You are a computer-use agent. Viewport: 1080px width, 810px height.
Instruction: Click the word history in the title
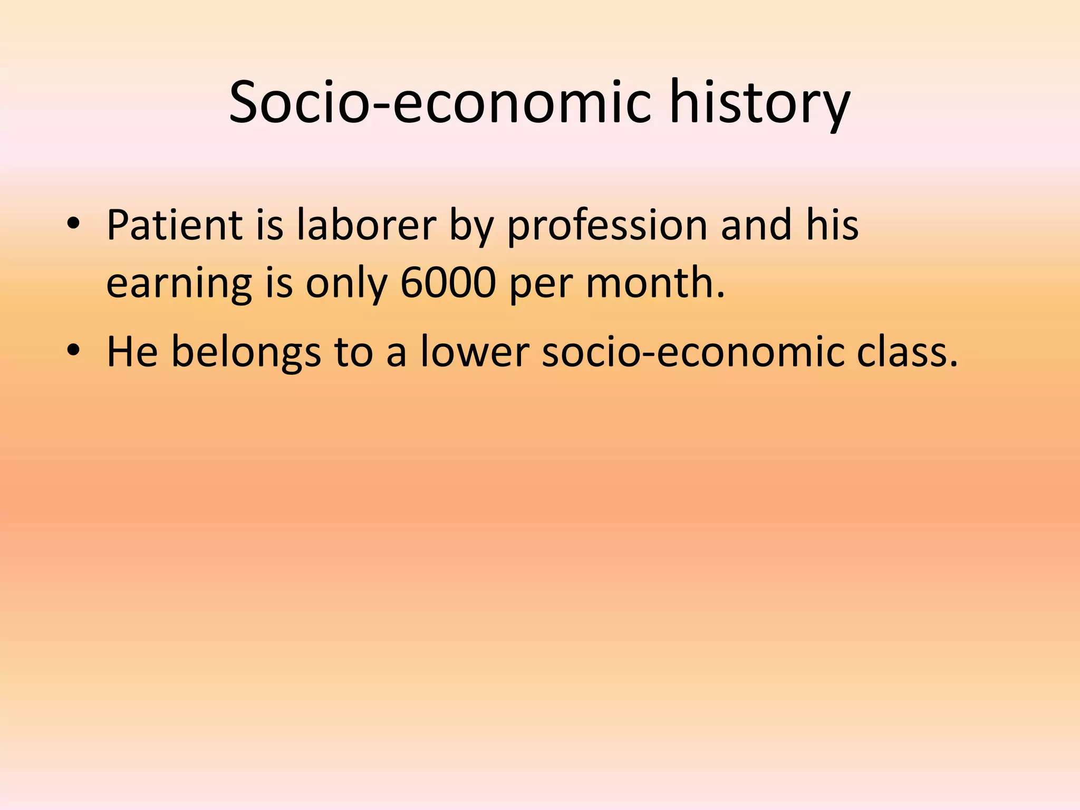click(759, 103)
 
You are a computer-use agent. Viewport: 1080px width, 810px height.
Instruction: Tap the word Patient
click(174, 225)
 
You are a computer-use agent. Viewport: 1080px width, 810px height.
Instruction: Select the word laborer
click(366, 225)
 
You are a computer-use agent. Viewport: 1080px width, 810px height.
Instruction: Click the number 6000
click(448, 283)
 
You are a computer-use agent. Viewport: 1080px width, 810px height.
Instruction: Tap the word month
click(655, 283)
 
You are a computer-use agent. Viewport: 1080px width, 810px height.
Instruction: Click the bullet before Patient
click(73, 226)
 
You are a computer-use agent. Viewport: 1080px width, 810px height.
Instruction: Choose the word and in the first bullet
click(756, 225)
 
